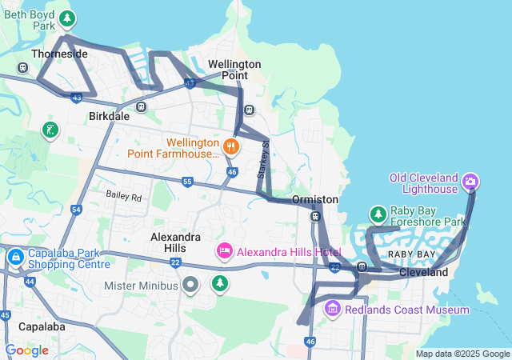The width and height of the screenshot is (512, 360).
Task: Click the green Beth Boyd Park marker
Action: (x=69, y=18)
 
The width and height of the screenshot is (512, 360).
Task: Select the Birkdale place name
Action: (x=108, y=116)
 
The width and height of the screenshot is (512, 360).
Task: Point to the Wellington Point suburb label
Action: (x=234, y=69)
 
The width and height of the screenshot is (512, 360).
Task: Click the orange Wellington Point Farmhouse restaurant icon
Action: (x=231, y=146)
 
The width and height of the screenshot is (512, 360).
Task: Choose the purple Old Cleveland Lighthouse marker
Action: (x=471, y=182)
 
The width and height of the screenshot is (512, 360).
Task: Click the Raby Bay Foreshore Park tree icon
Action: (x=378, y=214)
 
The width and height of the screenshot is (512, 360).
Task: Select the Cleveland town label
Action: (x=424, y=272)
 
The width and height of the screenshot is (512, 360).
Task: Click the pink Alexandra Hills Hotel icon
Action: (x=224, y=252)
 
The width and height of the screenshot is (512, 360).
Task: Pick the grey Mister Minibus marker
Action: (x=190, y=285)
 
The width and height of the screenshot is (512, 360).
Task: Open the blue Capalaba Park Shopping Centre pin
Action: (x=15, y=258)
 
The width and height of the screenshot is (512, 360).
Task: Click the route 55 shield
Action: (x=187, y=182)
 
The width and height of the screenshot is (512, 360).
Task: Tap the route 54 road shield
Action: (x=76, y=210)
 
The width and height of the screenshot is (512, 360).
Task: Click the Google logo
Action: (x=27, y=350)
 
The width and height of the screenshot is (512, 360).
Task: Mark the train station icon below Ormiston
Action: (x=315, y=216)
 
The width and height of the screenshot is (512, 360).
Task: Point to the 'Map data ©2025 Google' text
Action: (x=462, y=354)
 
